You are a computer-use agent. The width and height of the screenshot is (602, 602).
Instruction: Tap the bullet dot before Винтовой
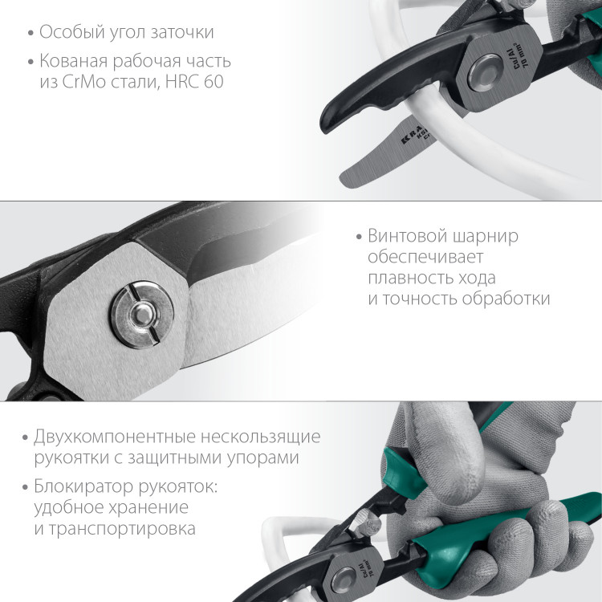[358, 238]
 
